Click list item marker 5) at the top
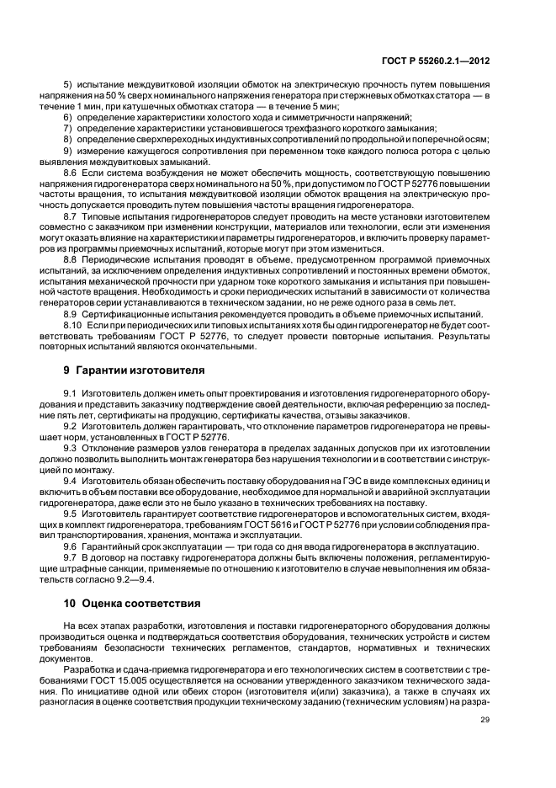[68, 87]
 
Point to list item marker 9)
[68, 149]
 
